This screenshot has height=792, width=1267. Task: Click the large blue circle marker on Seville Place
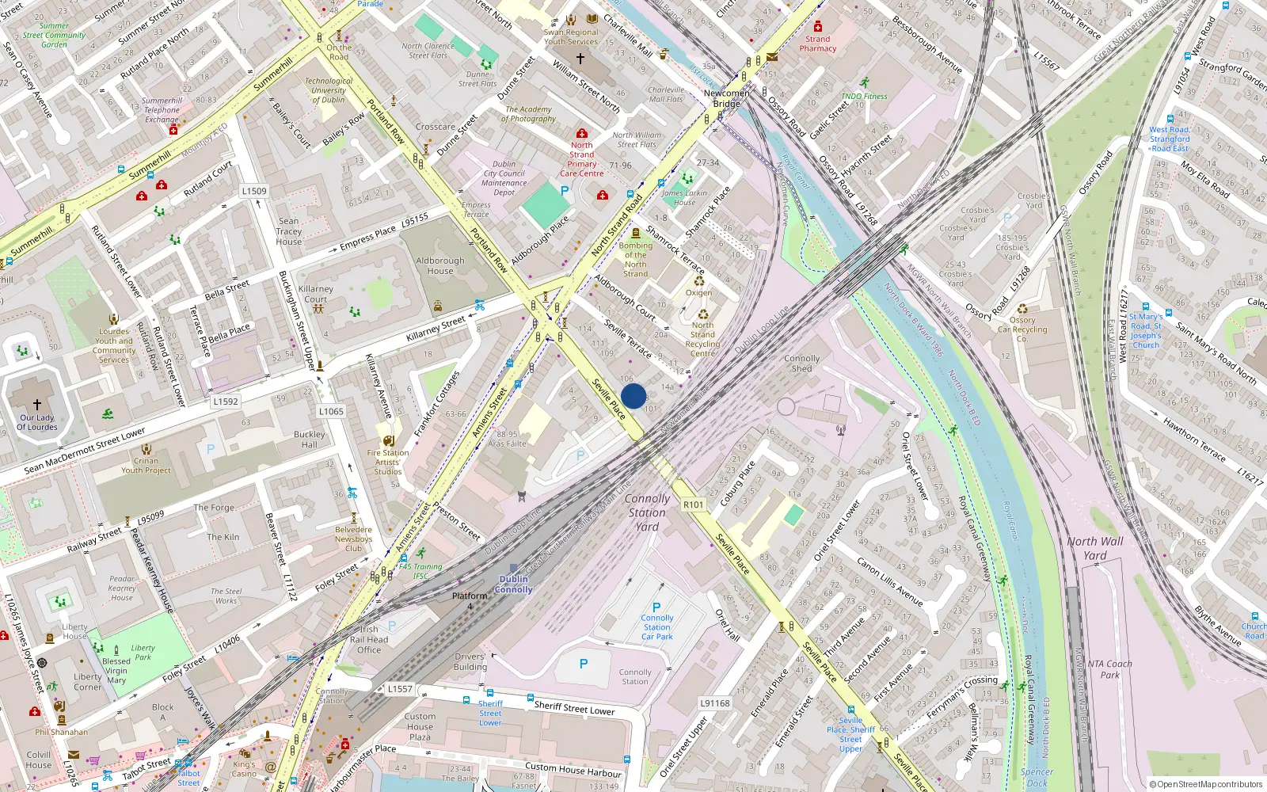coord(633,396)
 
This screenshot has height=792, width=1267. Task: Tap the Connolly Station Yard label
coord(647,512)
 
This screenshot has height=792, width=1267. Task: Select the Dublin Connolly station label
coord(514,584)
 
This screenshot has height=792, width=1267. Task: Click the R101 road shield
coord(693,505)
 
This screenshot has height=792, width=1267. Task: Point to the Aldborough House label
coord(440,265)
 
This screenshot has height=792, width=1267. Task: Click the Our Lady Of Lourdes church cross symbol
coord(37,405)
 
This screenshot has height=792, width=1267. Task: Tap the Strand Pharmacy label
coord(818,44)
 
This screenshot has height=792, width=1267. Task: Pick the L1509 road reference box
coord(254,191)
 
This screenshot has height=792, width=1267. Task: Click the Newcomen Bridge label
coord(726,98)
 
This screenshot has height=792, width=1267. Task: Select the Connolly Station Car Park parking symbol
coord(656,607)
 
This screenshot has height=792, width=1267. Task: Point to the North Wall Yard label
coord(1094,548)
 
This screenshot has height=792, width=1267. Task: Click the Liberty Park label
coord(143,652)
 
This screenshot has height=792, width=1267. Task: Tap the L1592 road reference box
coord(226,402)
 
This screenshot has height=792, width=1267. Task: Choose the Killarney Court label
coord(315,294)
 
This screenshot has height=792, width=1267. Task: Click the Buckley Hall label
coord(310,439)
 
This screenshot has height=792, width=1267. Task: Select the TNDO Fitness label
coord(864,97)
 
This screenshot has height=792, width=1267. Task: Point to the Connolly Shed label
coord(802,363)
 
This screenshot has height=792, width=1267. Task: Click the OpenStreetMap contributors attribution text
coord(1206,784)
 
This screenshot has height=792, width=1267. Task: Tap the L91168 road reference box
coord(715,703)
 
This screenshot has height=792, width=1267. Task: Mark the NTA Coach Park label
coord(1110,669)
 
